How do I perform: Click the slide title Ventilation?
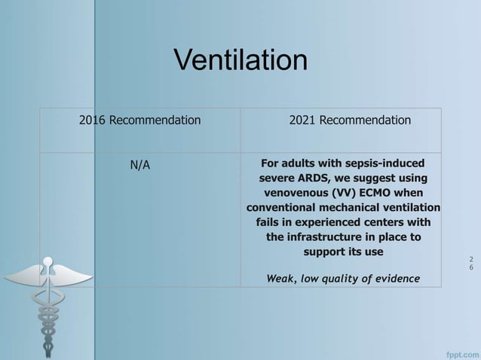click(x=240, y=59)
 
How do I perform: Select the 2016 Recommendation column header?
click(x=139, y=120)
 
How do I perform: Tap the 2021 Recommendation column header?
click(x=350, y=120)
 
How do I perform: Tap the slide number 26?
click(x=471, y=263)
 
